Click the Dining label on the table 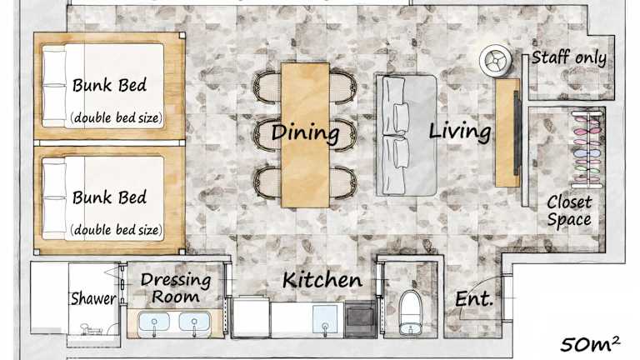point(305,132)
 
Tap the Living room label point(460,132)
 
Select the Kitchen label point(322,280)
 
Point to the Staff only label point(569,57)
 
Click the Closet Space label point(569,211)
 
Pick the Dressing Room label point(176,288)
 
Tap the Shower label point(93,298)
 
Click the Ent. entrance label point(474,299)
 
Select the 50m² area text point(590,344)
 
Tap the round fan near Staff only point(496,61)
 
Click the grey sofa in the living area point(407,136)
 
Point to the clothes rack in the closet point(587,149)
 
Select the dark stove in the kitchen point(360,319)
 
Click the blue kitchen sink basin point(325,320)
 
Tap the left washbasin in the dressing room point(154,322)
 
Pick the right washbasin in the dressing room point(195,322)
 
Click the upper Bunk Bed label point(109,85)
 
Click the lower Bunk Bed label point(109,197)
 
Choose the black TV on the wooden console point(517,133)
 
